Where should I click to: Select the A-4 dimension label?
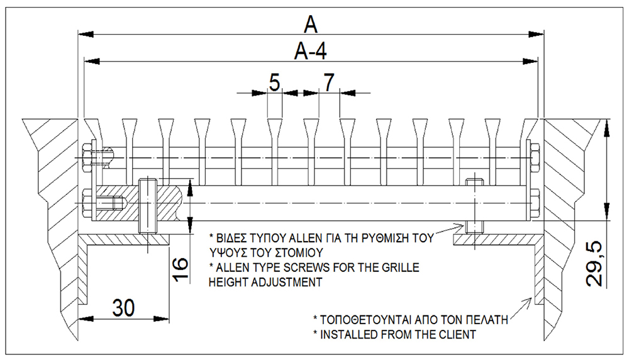point(309,51)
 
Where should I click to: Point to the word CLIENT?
point(455,334)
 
